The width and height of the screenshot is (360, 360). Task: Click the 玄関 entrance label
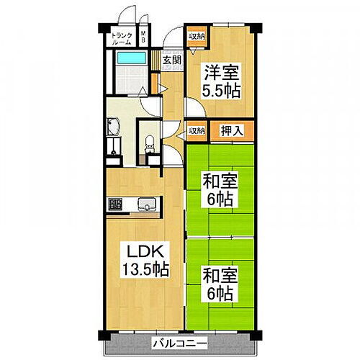point(171,60)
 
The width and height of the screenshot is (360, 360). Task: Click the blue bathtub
point(132,58)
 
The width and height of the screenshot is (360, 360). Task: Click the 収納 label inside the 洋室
point(196,35)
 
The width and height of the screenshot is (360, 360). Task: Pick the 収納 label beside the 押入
point(195,131)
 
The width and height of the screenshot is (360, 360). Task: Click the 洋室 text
point(220,73)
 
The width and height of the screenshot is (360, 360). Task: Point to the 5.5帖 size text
point(220,91)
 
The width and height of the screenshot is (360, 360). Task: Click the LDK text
point(145,252)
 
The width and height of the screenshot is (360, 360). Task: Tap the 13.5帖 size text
point(145,271)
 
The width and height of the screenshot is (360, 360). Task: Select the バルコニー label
point(180,343)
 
